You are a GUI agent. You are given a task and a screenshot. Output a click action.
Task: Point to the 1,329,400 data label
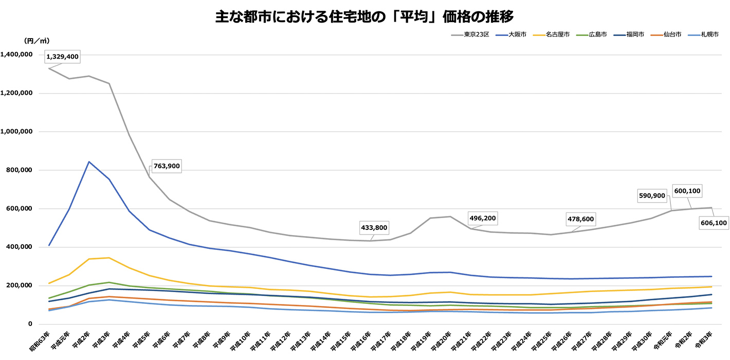tap(62, 57)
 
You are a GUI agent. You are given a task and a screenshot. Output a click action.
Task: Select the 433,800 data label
tap(374, 227)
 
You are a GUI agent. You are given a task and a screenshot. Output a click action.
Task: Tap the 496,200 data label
tap(482, 218)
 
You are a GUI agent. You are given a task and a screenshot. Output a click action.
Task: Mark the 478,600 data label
tap(580, 219)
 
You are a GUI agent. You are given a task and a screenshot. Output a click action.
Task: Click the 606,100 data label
tap(713, 223)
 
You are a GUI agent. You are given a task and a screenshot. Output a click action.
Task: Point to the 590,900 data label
tap(651, 195)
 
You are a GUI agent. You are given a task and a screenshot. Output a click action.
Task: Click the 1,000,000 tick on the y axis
tap(18, 132)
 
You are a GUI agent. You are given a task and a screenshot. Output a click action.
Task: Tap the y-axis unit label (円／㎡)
tap(37, 41)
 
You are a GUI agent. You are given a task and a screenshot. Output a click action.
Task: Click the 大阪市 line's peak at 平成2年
tap(89, 162)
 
